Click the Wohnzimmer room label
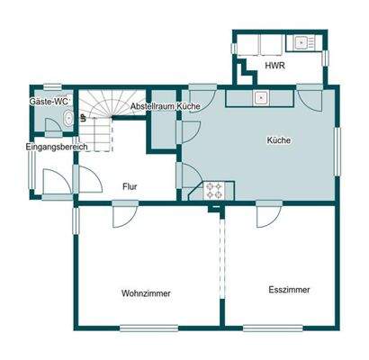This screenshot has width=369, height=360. [x=146, y=293]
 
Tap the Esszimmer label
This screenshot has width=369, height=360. [x=289, y=290]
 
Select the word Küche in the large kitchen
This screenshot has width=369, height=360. [x=279, y=140]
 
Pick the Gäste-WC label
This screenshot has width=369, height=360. [x=50, y=103]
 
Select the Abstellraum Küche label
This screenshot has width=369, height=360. [x=165, y=106]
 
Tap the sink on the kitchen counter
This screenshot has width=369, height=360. [x=262, y=97]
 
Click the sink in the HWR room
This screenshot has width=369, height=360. [x=298, y=42]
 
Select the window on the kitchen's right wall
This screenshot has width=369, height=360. [x=339, y=148]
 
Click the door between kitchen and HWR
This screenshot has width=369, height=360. [x=309, y=94]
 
